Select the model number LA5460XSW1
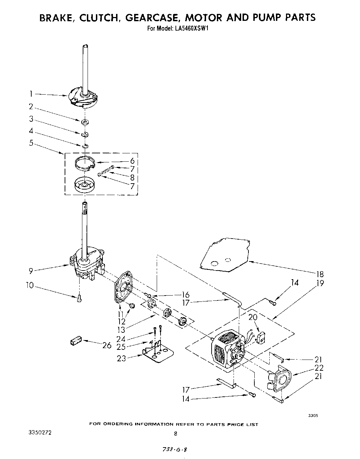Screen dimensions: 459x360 pyautogui.click(x=190, y=29)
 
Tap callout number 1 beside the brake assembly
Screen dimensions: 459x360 pyautogui.click(x=31, y=94)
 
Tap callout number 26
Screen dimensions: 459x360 pyautogui.click(x=107, y=345)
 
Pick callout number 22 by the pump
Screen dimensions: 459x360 pyautogui.click(x=319, y=368)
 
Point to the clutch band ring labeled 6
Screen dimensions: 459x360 pyautogui.click(x=85, y=163)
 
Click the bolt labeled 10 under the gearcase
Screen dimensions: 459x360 pyautogui.click(x=79, y=298)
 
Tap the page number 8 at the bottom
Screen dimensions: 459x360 pyautogui.click(x=176, y=434)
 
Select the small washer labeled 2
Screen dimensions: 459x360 pyautogui.click(x=84, y=122)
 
